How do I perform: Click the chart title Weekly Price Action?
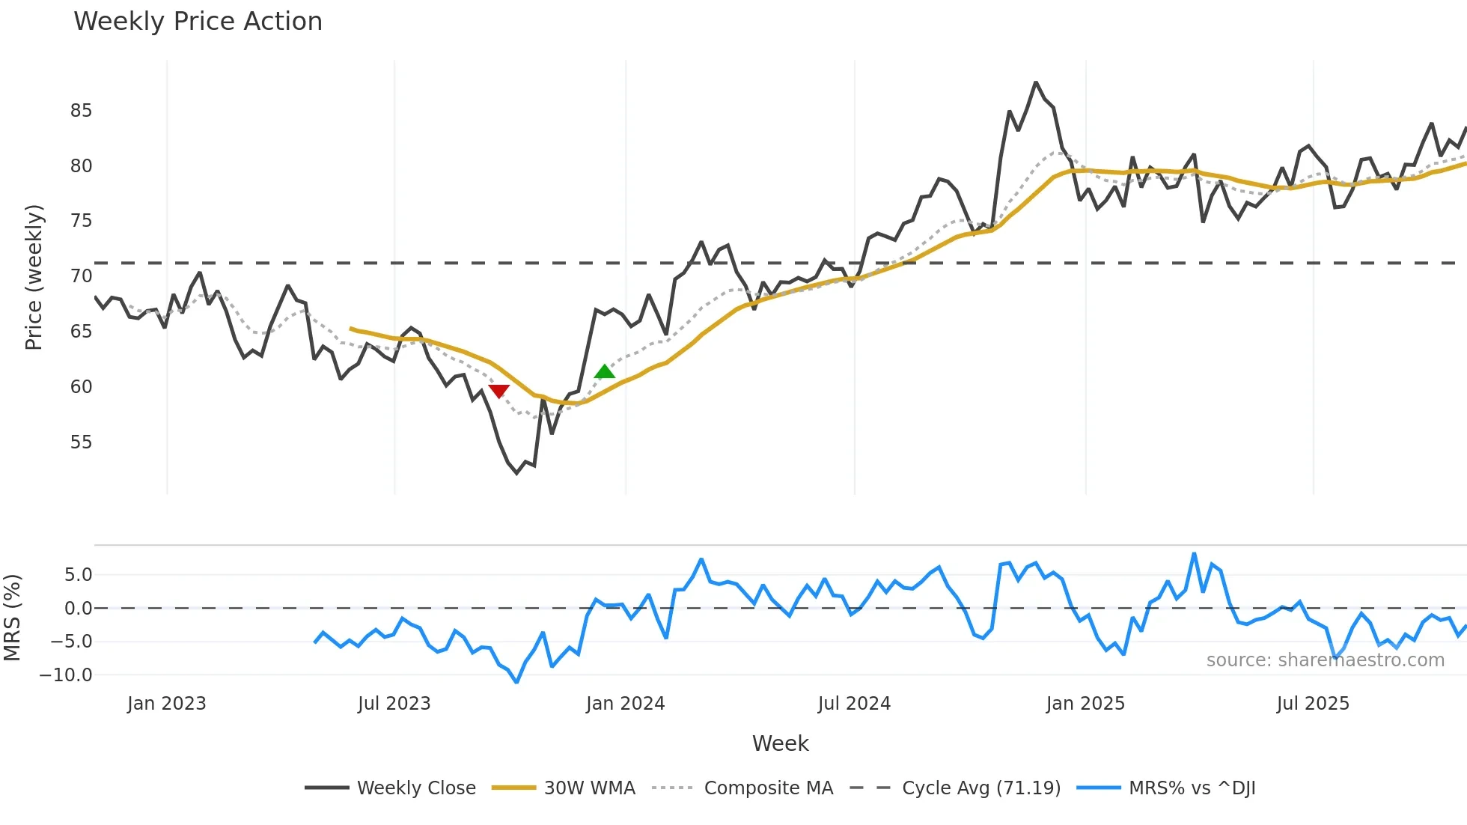(198, 22)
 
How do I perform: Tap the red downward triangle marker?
(499, 391)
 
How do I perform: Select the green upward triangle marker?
(604, 371)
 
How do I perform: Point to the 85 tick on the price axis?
(81, 111)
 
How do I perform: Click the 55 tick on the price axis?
(81, 442)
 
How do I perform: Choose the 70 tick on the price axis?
(81, 276)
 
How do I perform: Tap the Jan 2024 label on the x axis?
(625, 704)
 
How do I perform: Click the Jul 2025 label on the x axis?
(1313, 704)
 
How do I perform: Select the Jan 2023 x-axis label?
(166, 704)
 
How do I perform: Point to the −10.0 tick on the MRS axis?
(66, 675)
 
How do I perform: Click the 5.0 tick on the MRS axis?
(78, 575)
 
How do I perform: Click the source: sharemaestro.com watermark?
(1325, 660)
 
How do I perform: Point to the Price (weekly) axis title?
(34, 277)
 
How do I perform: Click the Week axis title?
(780, 743)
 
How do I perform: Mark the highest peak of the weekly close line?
(1036, 82)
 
